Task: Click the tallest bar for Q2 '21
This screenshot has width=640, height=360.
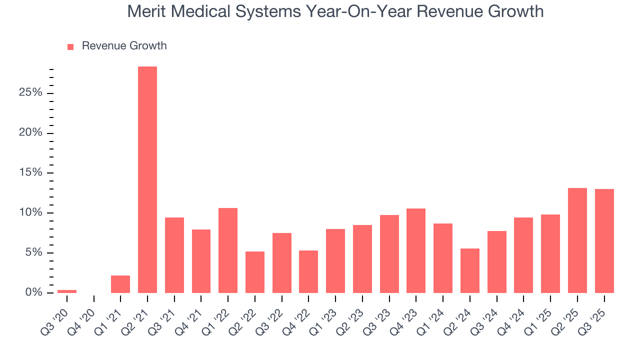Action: coord(147,179)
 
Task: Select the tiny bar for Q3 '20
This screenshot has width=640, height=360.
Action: coord(67,291)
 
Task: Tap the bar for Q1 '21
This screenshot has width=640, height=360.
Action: coord(120,284)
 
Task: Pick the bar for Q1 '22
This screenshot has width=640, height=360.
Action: coord(228,250)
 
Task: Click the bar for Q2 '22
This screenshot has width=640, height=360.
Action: coord(255,272)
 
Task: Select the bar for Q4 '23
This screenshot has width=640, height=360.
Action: coord(416,250)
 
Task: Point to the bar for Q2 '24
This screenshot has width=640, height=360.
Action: coord(470,270)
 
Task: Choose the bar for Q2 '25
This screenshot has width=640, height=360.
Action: coord(577,240)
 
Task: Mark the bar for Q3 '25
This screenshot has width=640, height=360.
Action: coord(604,240)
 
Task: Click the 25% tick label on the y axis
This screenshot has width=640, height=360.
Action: coord(31,93)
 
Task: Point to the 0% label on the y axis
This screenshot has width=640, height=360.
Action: coord(34,292)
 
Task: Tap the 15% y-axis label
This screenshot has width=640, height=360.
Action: coord(31,173)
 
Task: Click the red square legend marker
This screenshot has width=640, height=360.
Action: coord(70,46)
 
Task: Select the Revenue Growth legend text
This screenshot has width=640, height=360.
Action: coord(124,46)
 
